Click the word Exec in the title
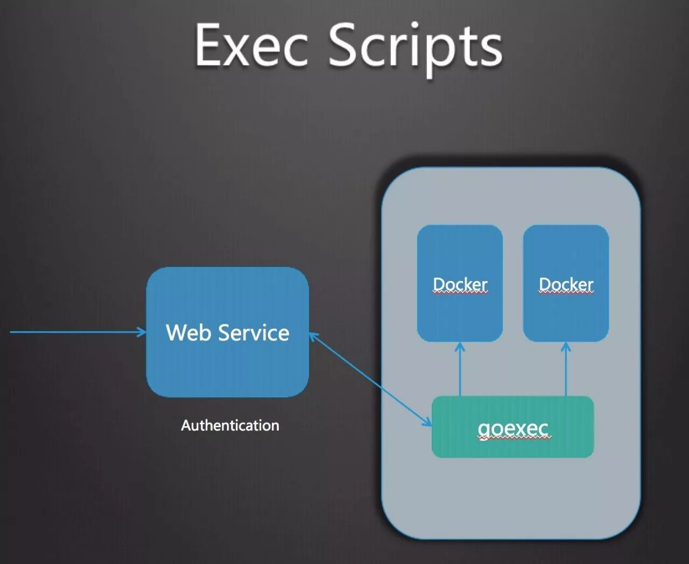pyautogui.click(x=251, y=45)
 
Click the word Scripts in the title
pyautogui.click(x=415, y=47)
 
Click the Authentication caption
pyautogui.click(x=230, y=426)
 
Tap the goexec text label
pyautogui.click(x=513, y=429)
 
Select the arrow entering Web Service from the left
pyautogui.click(x=75, y=332)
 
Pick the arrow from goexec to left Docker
pyautogui.click(x=460, y=371)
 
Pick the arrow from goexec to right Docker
pyautogui.click(x=566, y=371)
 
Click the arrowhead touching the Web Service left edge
pyautogui.click(x=142, y=332)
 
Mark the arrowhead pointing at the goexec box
pyautogui.click(x=427, y=423)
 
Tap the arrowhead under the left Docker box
pyautogui.click(x=460, y=347)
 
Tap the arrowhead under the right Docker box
pyautogui.click(x=566, y=347)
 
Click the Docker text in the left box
pyautogui.click(x=460, y=284)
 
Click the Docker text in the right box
pyautogui.click(x=566, y=284)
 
